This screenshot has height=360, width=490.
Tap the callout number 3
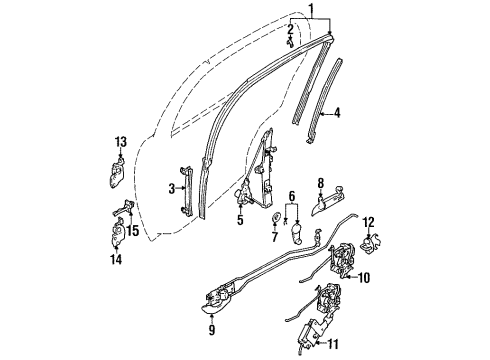tap(172, 187)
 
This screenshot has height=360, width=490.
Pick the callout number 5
tap(240, 219)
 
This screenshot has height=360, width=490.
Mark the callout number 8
tap(320, 183)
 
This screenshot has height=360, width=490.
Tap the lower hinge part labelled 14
tap(113, 240)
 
